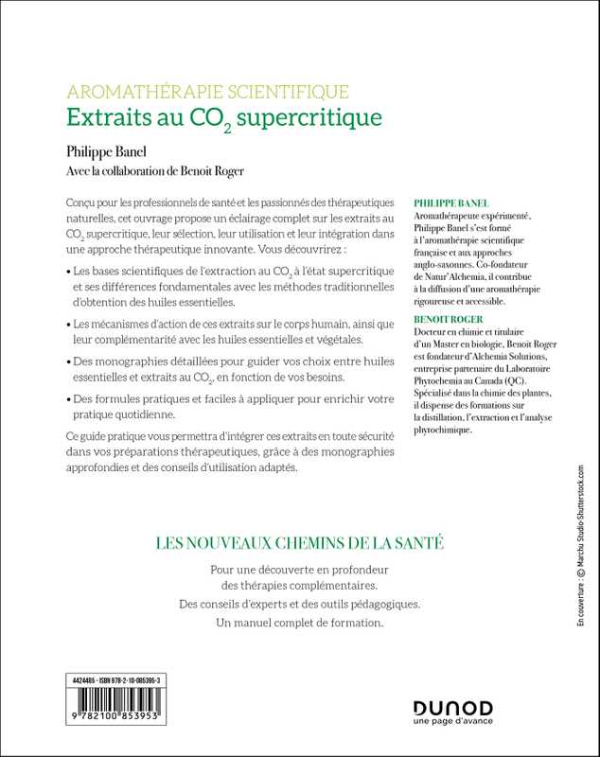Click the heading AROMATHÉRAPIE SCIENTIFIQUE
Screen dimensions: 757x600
point(208,92)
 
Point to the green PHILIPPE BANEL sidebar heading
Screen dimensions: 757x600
point(453,203)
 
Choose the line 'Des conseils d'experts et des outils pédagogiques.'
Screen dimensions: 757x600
point(299,604)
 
